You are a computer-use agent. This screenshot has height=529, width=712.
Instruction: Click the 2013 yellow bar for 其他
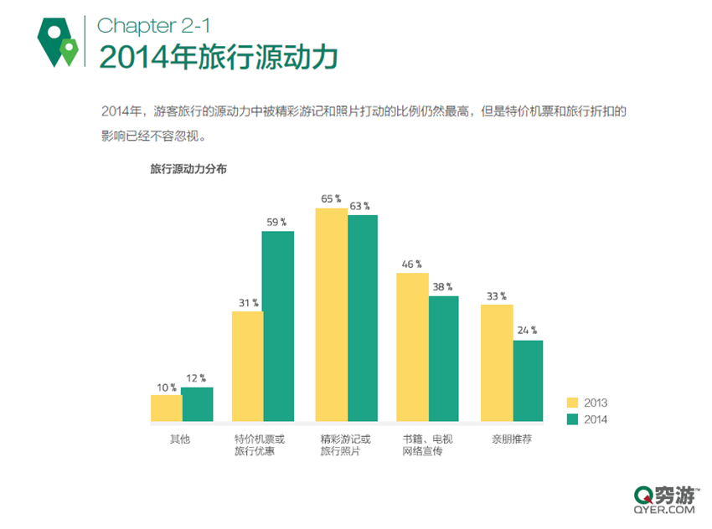click(x=166, y=408)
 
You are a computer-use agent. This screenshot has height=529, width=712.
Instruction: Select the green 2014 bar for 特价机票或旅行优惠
click(x=277, y=326)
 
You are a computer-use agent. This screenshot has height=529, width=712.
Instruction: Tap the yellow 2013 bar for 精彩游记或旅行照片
click(x=331, y=315)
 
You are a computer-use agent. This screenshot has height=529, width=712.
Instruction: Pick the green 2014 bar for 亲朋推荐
click(x=528, y=380)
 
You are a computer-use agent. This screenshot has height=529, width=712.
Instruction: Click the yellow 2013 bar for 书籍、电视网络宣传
click(x=412, y=347)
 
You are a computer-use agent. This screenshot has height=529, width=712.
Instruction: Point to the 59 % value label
click(x=277, y=223)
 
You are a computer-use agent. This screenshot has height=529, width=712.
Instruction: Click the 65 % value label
click(x=331, y=199)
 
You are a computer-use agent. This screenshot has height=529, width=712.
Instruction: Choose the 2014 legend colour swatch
click(x=573, y=419)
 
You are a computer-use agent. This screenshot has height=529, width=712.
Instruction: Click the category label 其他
click(x=180, y=439)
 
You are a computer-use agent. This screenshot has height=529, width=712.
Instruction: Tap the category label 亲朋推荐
click(x=511, y=439)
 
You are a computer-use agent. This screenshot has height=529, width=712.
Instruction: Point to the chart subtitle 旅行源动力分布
click(x=188, y=168)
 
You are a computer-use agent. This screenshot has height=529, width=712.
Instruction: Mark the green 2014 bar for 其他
click(x=197, y=403)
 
